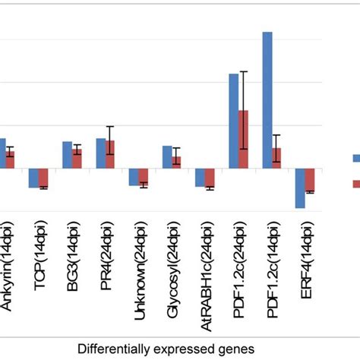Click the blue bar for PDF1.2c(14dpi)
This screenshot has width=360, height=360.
tap(267, 99)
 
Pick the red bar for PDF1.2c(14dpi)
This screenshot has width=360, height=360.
tap(276, 157)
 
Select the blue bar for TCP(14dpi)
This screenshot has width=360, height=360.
tap(33, 177)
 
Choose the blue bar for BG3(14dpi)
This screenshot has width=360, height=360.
tap(67, 155)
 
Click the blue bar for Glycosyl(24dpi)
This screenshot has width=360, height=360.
tap(167, 156)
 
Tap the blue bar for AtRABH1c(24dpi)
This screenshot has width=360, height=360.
tap(200, 177)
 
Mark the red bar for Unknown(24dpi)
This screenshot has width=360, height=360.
tap(144, 176)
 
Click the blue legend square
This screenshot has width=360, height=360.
tap(356, 158)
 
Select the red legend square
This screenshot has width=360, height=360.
tap(356, 183)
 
